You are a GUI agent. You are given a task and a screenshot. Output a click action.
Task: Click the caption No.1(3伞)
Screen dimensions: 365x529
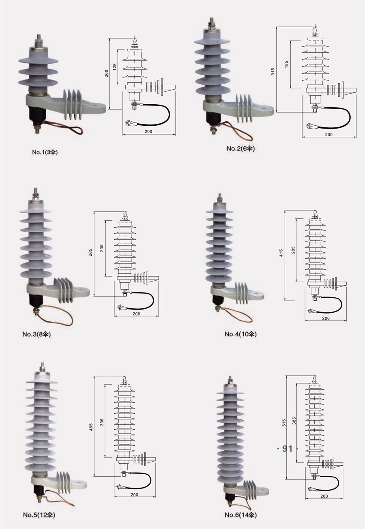[45, 152]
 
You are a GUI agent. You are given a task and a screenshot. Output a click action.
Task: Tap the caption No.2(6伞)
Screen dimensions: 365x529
[240, 148]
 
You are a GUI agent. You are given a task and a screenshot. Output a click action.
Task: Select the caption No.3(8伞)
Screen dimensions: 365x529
[36, 334]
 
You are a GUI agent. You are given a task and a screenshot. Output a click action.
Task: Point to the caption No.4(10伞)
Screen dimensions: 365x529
[240, 334]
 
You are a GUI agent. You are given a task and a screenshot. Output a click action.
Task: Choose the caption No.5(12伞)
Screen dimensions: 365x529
[39, 515]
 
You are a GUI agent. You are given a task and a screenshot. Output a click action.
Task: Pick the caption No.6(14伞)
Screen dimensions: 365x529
[240, 515]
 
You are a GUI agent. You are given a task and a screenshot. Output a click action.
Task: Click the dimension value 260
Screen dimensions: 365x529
[107, 73]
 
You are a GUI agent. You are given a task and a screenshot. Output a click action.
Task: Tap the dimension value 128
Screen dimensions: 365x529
[115, 67]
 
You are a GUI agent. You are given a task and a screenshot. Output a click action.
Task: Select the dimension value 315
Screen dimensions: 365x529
[273, 71]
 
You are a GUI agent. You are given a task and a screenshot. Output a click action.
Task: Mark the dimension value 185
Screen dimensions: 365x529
[286, 65]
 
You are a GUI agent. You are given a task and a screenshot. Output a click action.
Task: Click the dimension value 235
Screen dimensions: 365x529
[102, 248]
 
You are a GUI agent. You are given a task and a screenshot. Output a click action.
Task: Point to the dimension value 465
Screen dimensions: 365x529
[91, 427]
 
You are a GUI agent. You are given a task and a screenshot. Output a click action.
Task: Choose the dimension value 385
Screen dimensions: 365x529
[294, 421]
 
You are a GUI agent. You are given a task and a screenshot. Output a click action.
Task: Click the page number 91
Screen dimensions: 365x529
[287, 448]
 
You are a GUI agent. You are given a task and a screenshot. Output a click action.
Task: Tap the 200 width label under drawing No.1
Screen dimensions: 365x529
[148, 131]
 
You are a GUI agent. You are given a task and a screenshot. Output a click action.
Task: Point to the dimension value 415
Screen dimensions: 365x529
[281, 253]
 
